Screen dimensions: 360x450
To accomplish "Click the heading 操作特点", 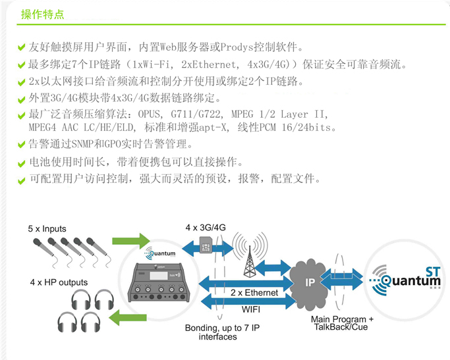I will point(43,14).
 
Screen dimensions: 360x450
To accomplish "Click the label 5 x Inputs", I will point(47,229).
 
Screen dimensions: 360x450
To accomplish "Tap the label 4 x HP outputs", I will point(59,282).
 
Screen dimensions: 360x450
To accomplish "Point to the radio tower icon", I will point(252,254).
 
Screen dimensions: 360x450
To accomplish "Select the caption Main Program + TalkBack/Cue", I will point(342,323).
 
